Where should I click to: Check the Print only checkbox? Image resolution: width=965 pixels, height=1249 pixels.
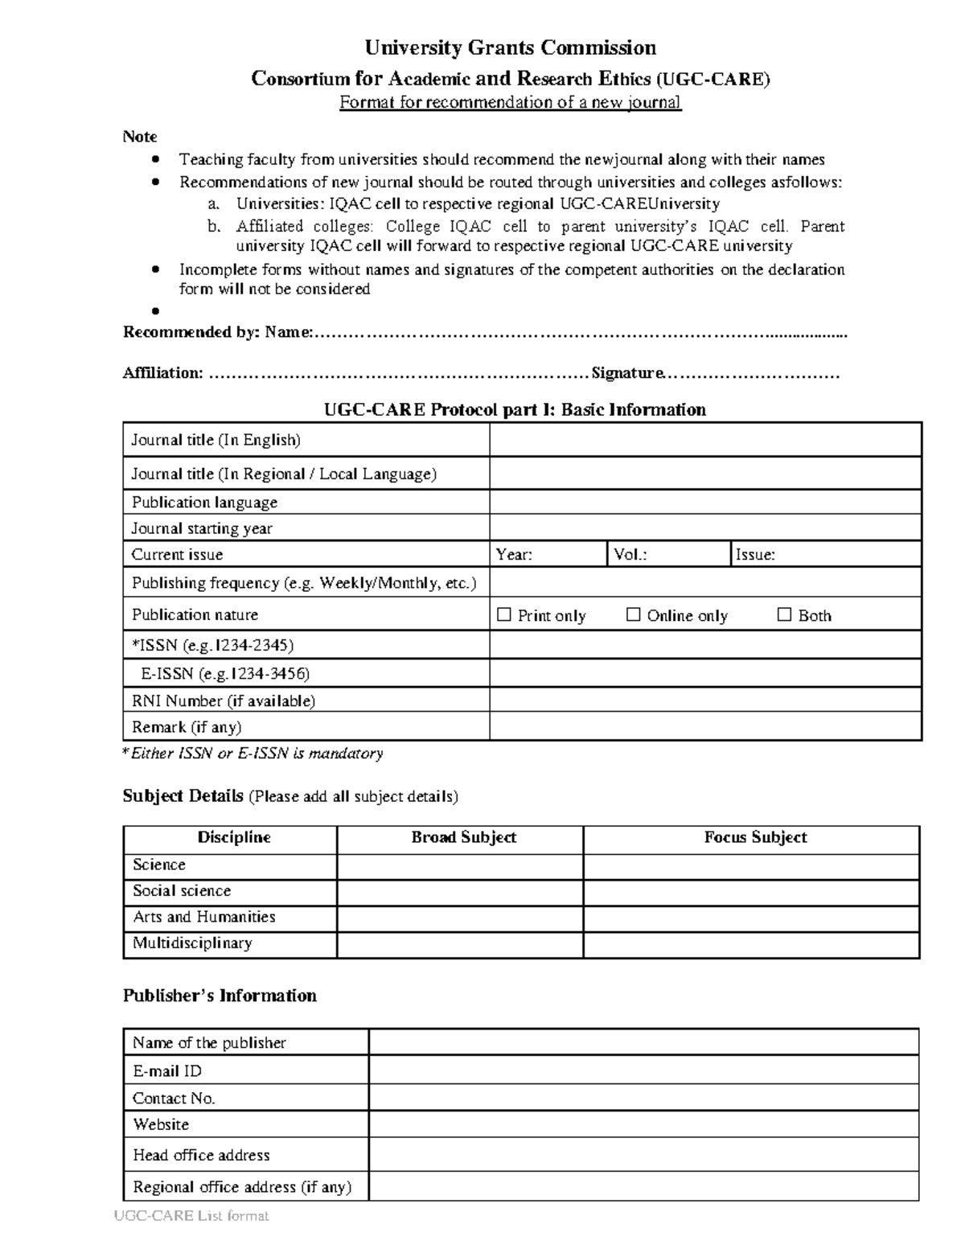click(504, 615)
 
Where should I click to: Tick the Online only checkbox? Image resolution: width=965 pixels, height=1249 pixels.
click(633, 615)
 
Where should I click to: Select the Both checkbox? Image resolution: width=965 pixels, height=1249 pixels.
click(784, 615)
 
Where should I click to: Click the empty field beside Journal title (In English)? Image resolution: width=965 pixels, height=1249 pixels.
click(704, 440)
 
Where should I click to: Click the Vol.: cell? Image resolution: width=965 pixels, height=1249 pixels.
click(667, 554)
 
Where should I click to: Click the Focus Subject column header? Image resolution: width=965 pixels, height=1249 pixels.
click(754, 837)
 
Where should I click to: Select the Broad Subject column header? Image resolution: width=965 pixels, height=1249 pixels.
click(463, 837)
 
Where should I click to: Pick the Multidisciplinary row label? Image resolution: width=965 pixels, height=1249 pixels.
click(192, 943)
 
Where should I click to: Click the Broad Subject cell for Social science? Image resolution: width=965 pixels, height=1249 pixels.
click(459, 891)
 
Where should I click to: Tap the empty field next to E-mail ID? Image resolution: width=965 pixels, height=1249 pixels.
click(643, 1070)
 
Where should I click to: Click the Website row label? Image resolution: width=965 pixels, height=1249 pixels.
click(161, 1124)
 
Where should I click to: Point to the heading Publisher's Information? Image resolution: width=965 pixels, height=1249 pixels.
click(219, 996)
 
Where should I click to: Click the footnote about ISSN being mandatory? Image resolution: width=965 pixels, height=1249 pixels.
click(253, 754)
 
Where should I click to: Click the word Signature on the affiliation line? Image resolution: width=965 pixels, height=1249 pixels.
click(627, 373)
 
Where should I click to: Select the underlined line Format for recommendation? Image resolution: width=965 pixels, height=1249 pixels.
click(510, 102)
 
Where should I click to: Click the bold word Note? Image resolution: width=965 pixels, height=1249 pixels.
click(139, 137)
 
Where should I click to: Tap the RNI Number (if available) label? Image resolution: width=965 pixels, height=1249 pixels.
click(223, 701)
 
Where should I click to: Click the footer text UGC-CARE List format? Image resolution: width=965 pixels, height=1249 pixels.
click(191, 1216)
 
